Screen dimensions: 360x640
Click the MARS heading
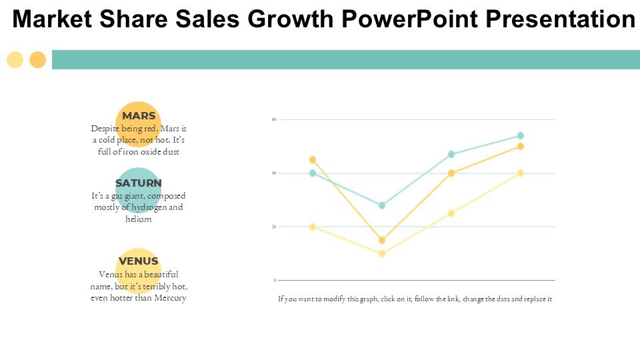point(139,116)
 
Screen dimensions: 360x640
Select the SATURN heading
point(139,183)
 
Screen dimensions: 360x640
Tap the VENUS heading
point(139,261)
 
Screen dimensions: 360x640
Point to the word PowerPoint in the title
point(407,20)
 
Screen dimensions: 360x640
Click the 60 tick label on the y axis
point(273,120)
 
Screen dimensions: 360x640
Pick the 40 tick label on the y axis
point(273,173)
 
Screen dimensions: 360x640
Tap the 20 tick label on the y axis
point(273,227)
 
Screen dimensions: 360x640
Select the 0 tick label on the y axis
point(275,281)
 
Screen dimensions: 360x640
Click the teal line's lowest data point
point(382,205)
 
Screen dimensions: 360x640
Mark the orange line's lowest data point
point(382,240)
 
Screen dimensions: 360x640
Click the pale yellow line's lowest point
point(382,254)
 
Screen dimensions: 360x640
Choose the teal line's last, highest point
point(521,135)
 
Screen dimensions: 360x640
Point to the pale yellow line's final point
point(521,173)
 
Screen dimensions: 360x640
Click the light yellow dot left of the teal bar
point(15,60)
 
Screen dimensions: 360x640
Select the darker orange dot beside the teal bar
point(38,60)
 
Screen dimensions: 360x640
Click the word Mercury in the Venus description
point(170,298)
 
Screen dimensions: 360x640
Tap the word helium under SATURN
point(139,219)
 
